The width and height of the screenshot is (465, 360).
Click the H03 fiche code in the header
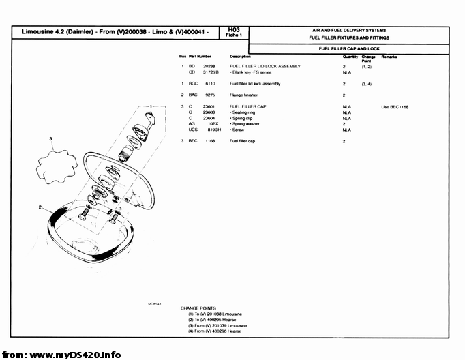pos(234,30)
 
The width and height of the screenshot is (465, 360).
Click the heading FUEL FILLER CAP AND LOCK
pos(348,49)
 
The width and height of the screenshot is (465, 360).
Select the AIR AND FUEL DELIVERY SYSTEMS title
pos(348,31)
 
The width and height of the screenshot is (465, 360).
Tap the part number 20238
pos(209,66)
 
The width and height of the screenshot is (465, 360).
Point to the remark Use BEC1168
pos(395,107)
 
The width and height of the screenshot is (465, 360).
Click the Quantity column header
pos(350,56)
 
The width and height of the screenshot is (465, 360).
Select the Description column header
pos(240,56)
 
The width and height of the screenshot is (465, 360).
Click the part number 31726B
pos(211,72)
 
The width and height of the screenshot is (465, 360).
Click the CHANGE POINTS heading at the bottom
pos(198,307)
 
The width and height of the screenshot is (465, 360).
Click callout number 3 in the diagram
pos(50,138)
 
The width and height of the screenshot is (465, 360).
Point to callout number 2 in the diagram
pos(40,207)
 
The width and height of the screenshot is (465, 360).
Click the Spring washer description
pos(245,124)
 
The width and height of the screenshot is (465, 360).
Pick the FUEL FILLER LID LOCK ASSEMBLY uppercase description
pos(265,66)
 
